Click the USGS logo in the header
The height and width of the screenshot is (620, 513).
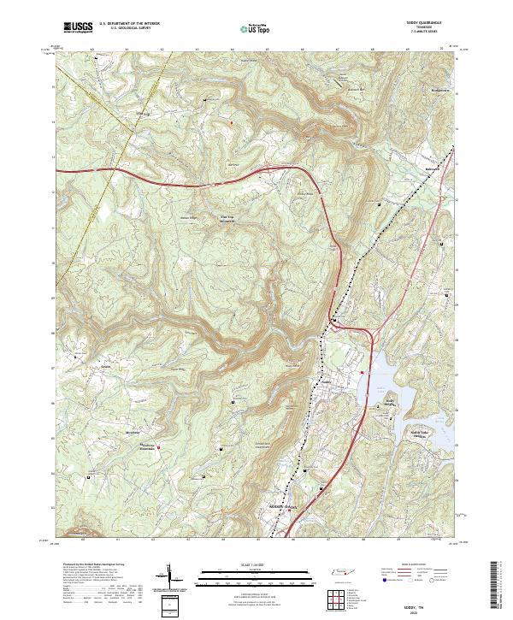click(78, 27)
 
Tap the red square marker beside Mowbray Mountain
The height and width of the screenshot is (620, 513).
click(158, 445)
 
